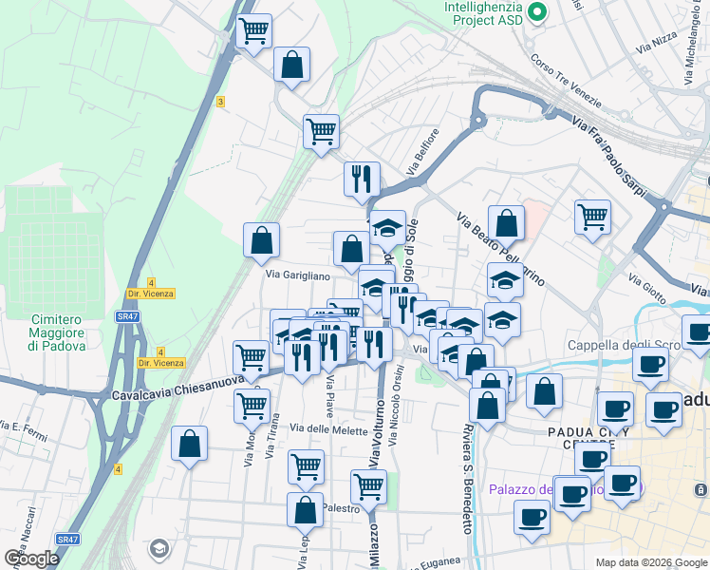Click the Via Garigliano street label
pos(297,275)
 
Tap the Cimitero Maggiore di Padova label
pos(57,332)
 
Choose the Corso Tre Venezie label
pos(568,82)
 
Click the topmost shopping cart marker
pos(253,31)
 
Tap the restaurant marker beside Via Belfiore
pos(361,179)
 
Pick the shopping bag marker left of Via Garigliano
pos(261,240)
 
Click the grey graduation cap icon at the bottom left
pos(159,548)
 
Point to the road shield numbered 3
pos(220,102)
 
